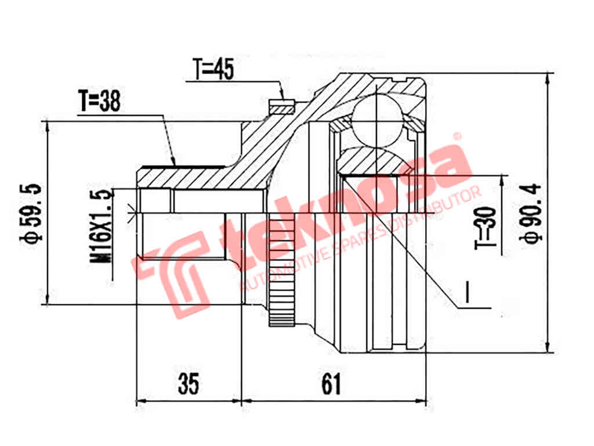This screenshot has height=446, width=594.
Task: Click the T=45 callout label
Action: pyautogui.click(x=213, y=70)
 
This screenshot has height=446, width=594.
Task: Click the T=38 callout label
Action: pyautogui.click(x=99, y=102)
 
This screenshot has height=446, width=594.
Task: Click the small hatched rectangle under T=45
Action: pyautogui.click(x=282, y=107)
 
